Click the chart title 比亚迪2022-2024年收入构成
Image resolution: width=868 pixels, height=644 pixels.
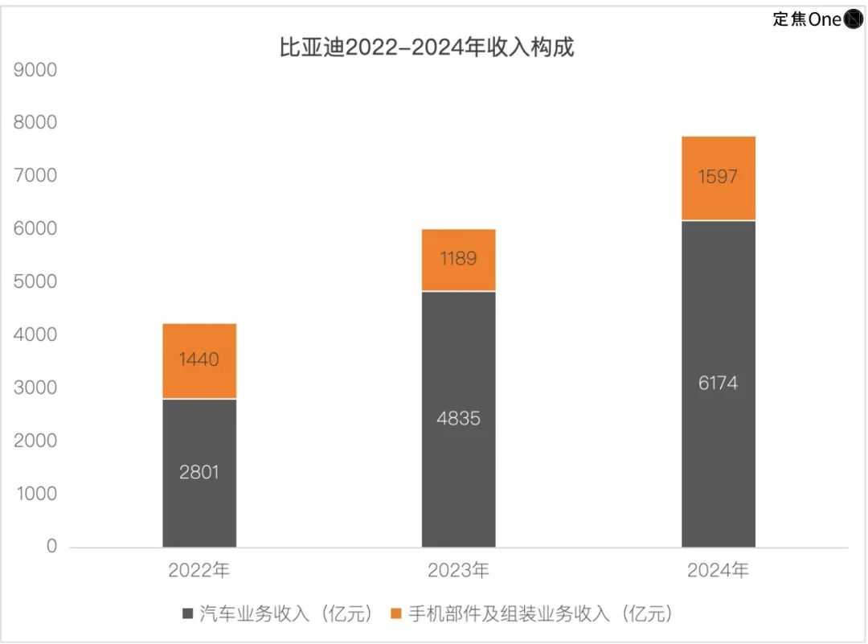click(x=427, y=47)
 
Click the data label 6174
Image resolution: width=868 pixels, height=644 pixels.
click(x=718, y=384)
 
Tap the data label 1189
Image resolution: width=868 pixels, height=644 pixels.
click(x=458, y=259)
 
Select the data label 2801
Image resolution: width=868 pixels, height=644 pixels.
click(x=199, y=472)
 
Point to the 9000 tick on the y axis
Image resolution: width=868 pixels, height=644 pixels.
click(x=36, y=70)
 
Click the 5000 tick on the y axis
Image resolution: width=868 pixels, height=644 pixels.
click(x=36, y=281)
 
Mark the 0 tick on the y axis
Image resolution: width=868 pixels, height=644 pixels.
click(x=51, y=547)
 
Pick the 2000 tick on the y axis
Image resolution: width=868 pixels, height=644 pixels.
click(x=36, y=441)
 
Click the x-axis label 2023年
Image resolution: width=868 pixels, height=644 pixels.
click(x=458, y=571)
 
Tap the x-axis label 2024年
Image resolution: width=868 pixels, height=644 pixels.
click(x=718, y=571)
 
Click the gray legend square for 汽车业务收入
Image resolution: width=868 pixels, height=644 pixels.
click(x=187, y=614)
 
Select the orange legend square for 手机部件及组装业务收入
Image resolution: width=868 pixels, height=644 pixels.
click(x=395, y=614)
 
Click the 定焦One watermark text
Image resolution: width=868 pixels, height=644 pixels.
click(x=806, y=19)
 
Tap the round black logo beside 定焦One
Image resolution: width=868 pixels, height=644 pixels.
click(x=853, y=19)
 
